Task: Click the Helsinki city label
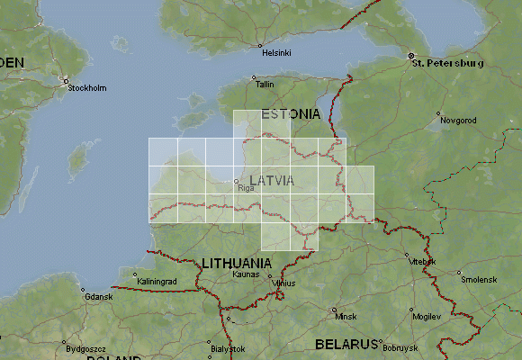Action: point(276,53)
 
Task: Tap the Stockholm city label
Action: point(87,88)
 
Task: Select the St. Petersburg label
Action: point(447,64)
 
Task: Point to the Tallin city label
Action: point(265,84)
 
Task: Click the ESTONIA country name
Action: point(290,114)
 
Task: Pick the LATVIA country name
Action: point(272,180)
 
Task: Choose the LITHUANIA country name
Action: point(237,263)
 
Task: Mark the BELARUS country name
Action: point(345,345)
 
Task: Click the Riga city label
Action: point(246,189)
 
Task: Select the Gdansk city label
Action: point(96,297)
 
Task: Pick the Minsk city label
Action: point(346,317)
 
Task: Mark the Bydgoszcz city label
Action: point(85,347)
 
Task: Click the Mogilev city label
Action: point(426,318)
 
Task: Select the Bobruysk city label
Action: point(400,347)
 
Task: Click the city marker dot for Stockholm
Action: point(65,80)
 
